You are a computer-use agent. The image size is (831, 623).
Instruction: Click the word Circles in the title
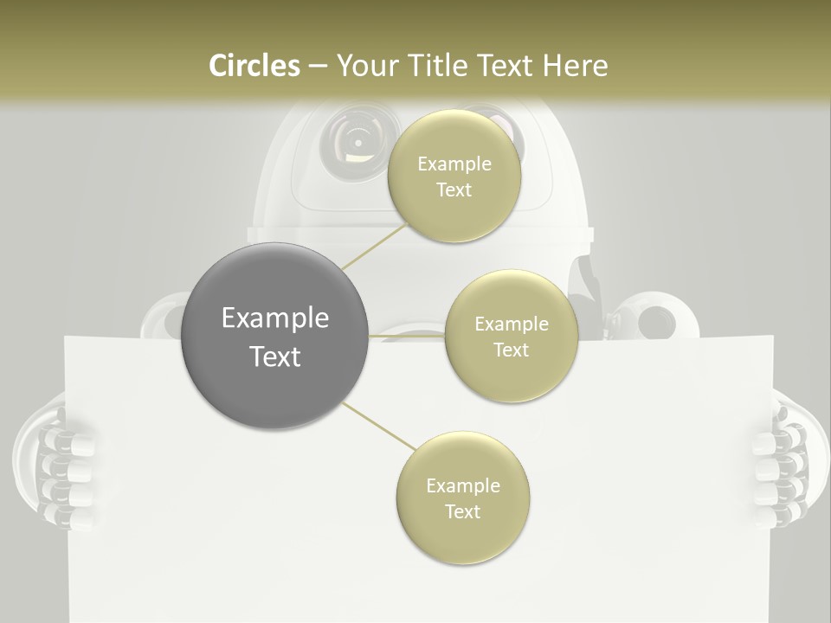point(254,66)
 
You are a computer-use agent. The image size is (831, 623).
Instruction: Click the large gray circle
point(275,336)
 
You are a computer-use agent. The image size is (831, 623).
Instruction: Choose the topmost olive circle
point(454,177)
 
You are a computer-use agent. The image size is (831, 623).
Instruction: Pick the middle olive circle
point(512,336)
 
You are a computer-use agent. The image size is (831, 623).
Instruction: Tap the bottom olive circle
point(463,498)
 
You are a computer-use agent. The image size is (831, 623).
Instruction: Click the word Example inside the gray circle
point(275,318)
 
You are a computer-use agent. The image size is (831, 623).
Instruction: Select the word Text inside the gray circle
point(275,356)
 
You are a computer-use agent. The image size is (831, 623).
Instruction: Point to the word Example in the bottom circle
point(463,485)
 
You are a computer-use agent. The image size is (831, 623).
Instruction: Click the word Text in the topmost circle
point(454,189)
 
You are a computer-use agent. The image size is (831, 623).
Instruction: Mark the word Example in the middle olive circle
point(512,324)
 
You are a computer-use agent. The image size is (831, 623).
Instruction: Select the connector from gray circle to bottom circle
point(378,426)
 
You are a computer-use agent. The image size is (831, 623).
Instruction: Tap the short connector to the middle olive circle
point(407,335)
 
